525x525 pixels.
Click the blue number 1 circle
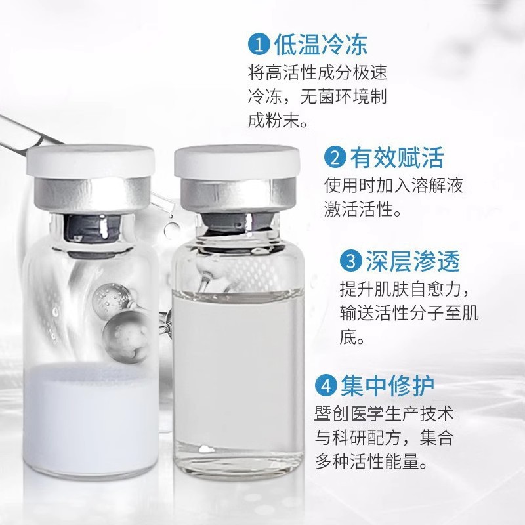coord(259,45)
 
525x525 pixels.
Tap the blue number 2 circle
coord(335,157)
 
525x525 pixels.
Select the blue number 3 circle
coord(350,261)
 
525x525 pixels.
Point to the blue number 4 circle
coord(325,385)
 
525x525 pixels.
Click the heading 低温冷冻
coord(321,44)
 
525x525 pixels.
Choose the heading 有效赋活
coord(397,157)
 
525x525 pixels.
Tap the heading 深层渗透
coord(413,261)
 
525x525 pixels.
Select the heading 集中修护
coord(387,385)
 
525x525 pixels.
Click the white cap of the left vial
coord(91,161)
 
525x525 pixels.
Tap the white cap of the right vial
coord(237,161)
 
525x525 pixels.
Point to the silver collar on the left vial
coord(92,195)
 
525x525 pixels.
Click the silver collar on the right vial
coord(238,195)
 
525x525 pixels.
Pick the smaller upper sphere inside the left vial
coord(111,298)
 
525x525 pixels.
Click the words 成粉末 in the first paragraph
coord(274,120)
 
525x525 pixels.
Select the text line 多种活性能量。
coord(371,462)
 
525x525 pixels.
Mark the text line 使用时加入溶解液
coord(393,185)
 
